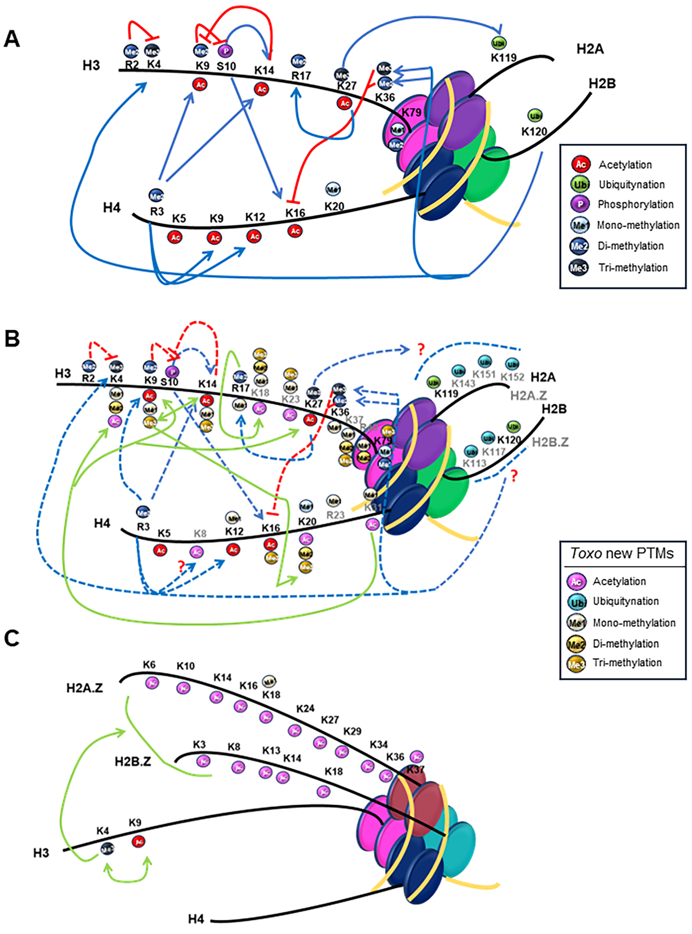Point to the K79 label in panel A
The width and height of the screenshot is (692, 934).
click(x=411, y=112)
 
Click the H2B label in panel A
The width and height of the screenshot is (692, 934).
click(x=602, y=83)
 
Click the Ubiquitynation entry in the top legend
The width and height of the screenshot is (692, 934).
click(x=632, y=184)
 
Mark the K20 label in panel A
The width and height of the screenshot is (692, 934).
click(x=334, y=206)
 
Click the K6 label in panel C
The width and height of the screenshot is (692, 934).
click(x=149, y=665)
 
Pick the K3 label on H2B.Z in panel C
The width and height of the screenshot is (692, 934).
click(x=199, y=745)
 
